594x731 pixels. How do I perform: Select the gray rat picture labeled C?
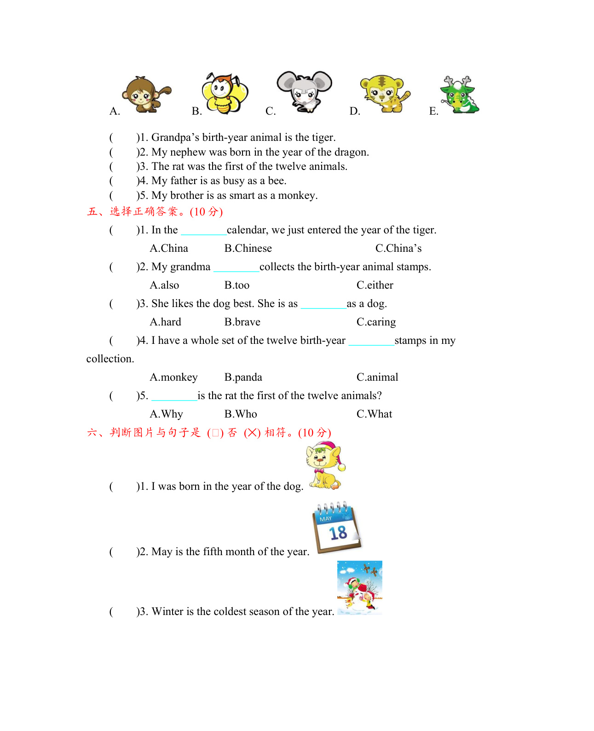305,91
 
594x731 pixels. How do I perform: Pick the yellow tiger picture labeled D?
385,93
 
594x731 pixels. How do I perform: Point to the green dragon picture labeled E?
460,95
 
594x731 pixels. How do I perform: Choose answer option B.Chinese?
248,249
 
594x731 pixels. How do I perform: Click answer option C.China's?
398,249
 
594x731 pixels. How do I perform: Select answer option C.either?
375,285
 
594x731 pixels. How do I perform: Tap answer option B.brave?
242,322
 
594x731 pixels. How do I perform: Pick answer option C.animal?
377,377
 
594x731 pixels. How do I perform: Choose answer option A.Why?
167,414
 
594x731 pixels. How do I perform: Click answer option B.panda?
243,377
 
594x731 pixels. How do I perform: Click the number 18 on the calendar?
338,533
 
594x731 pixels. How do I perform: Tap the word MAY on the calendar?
326,519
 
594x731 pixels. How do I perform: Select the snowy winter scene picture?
360,587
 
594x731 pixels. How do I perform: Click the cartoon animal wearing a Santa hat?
325,465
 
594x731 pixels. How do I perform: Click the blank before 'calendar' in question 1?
204,231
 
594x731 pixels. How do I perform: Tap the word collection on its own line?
110,359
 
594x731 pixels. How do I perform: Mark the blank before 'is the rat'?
174,396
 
